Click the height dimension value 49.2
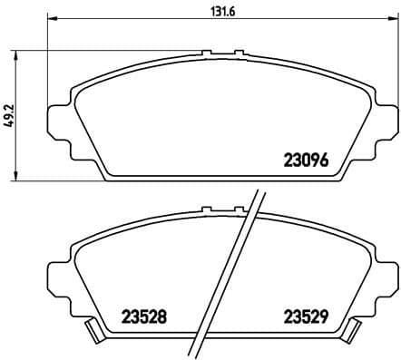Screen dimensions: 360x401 tap(8, 117)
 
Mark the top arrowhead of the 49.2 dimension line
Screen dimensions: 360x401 tap(21, 54)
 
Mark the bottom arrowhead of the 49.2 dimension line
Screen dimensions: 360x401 tap(21, 174)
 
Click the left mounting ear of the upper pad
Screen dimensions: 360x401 tap(56, 122)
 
